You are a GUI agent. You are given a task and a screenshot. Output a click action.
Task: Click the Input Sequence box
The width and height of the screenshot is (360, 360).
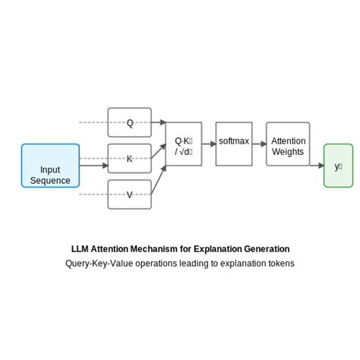50,166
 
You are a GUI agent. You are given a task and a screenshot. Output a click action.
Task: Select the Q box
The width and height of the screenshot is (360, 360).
129,122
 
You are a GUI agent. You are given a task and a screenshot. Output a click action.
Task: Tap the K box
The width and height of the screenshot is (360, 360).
129,159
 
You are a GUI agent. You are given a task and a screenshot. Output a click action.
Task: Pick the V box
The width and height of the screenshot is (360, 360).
129,194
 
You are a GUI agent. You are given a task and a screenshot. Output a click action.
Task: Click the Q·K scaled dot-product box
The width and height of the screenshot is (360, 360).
183,144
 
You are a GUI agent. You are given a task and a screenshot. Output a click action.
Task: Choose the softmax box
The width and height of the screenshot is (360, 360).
234,144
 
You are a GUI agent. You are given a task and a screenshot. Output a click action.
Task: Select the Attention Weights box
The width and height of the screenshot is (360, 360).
288,144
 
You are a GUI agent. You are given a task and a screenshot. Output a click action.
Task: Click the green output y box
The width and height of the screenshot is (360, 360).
338,166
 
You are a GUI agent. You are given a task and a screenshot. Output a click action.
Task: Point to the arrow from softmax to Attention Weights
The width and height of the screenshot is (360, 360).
259,144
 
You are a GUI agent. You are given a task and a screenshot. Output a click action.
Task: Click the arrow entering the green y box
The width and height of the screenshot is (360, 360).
317,165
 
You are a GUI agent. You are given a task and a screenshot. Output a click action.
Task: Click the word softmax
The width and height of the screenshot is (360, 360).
234,141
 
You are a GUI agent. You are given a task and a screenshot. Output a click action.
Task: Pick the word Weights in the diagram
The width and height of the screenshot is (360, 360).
288,152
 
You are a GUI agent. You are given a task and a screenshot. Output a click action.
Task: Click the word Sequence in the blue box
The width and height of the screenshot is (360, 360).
50,181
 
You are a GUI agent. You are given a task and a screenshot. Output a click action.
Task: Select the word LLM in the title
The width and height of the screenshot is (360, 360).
81,249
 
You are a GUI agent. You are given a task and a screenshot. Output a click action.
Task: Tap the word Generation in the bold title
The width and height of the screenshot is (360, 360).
266,249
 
